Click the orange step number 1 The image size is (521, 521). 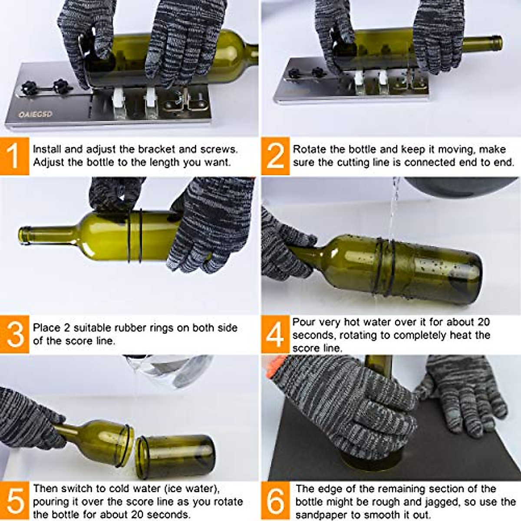click(14, 156)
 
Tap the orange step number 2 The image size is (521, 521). click(275, 156)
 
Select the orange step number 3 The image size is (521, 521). click(14, 334)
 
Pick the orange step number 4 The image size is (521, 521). click(275, 334)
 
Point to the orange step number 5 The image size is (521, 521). click(14, 501)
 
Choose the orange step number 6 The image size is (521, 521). click(275, 501)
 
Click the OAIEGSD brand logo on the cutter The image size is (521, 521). click(35, 114)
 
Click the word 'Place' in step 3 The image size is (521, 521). click(46, 327)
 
